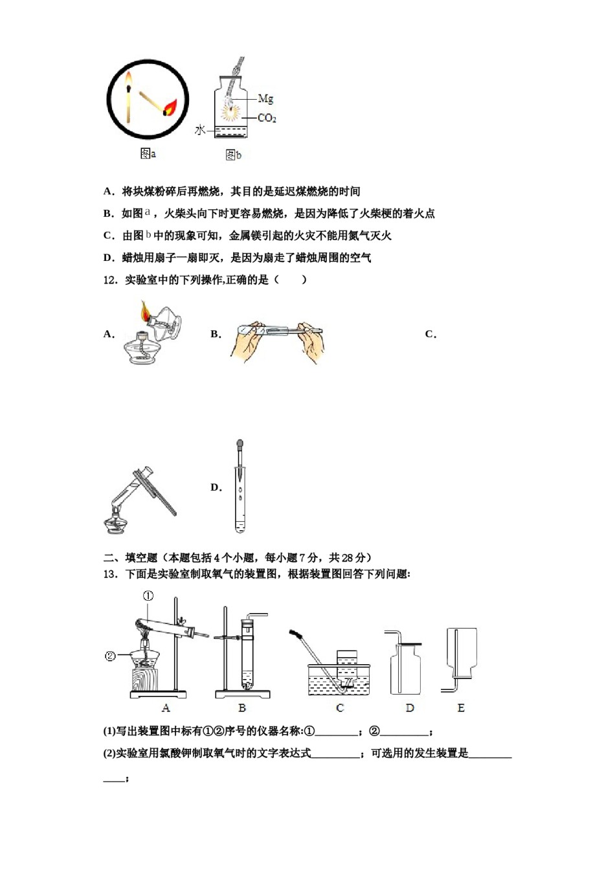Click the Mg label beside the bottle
[x=265, y=98]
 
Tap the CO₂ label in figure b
[x=267, y=118]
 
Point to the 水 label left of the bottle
[x=200, y=130]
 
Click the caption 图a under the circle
[x=148, y=153]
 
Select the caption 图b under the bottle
[x=233, y=155]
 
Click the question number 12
[x=111, y=280]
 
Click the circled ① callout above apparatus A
[x=148, y=596]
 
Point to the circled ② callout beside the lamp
[x=110, y=656]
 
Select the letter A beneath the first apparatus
[x=166, y=708]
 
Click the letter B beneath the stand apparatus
[x=242, y=708]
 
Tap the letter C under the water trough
[x=339, y=708]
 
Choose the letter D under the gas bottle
[x=409, y=708]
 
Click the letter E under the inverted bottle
[x=461, y=708]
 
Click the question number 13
[x=111, y=574]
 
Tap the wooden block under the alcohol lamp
[x=145, y=680]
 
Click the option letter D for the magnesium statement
[x=108, y=258]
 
